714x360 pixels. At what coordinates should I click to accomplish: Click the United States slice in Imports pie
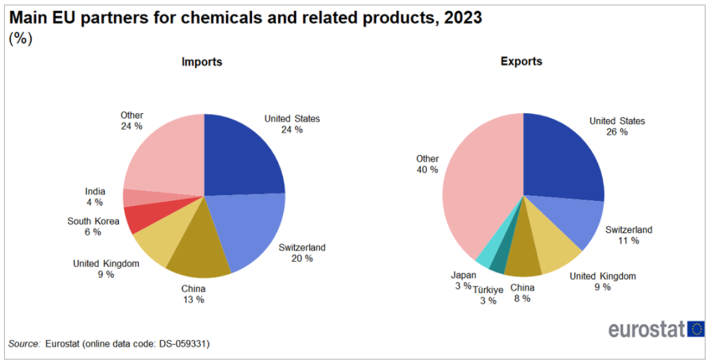pyautogui.click(x=242, y=156)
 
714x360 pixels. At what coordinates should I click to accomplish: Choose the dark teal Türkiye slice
pyautogui.click(x=497, y=262)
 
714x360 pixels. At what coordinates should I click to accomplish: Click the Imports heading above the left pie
pyautogui.click(x=201, y=62)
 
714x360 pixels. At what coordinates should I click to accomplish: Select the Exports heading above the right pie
pyautogui.click(x=521, y=62)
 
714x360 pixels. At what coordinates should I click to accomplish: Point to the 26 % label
pyautogui.click(x=616, y=132)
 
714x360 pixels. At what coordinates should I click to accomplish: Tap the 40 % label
pyautogui.click(x=427, y=170)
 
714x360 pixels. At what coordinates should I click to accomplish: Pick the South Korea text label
pyautogui.click(x=93, y=221)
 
